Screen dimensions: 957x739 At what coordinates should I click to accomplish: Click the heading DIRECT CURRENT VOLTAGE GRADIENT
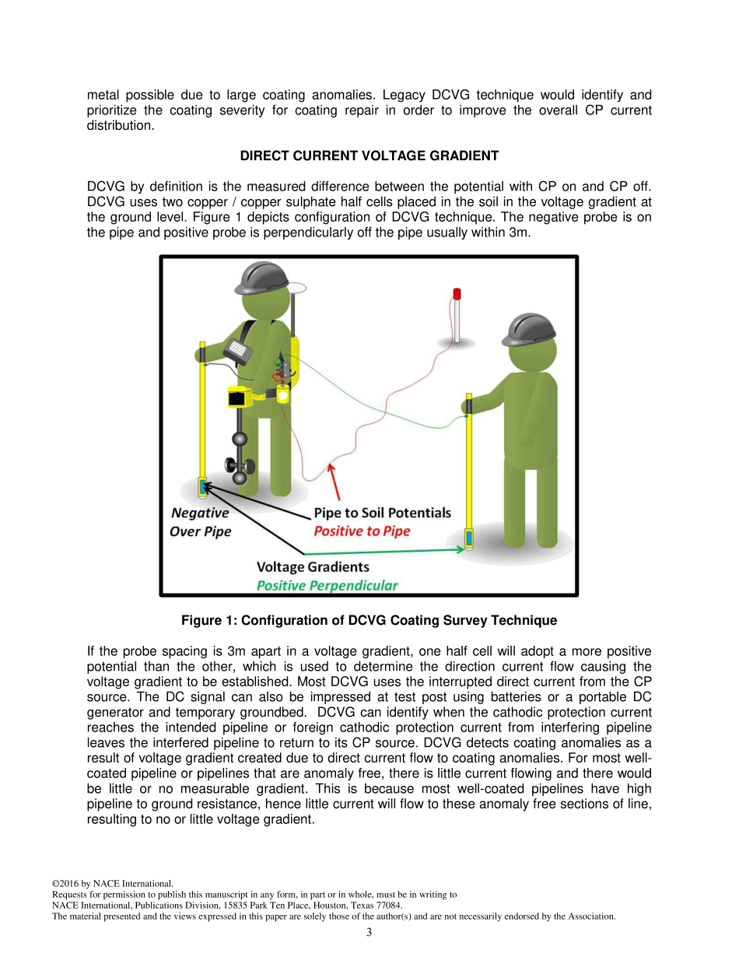[369, 156]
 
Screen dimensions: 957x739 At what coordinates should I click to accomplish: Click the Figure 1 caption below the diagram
[369, 620]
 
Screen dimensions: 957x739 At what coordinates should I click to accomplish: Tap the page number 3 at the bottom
[369, 932]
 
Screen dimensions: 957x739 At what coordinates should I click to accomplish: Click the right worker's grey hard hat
[529, 330]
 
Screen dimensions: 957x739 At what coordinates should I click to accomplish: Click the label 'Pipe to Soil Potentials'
[382, 513]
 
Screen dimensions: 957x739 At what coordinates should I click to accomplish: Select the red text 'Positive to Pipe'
[362, 531]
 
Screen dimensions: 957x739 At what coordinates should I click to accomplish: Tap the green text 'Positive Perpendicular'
[327, 585]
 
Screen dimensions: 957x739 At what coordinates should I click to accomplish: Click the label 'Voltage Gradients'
[313, 567]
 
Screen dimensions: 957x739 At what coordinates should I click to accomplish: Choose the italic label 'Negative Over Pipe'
[200, 522]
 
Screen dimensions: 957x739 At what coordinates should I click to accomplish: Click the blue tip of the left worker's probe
[202, 488]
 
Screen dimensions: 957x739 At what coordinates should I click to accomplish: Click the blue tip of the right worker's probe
[469, 538]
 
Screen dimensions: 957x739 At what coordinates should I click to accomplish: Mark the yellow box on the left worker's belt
[239, 398]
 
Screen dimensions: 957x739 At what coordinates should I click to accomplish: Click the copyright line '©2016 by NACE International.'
[112, 883]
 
